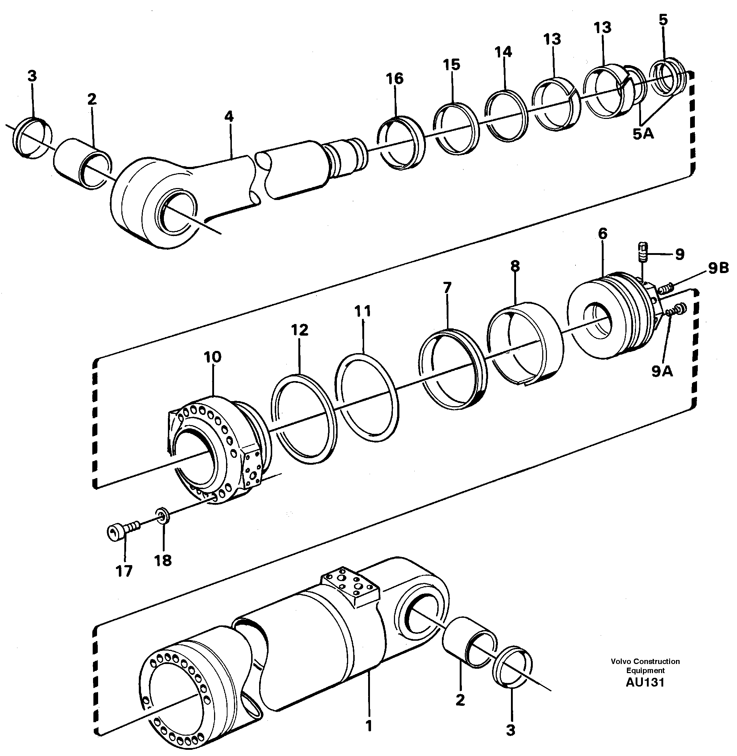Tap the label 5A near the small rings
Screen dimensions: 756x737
[643, 134]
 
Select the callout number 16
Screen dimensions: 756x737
[394, 79]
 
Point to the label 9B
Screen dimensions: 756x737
[718, 268]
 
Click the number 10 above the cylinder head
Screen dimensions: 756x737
[212, 357]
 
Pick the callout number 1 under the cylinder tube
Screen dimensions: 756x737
[369, 725]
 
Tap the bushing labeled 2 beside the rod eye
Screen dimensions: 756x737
[81, 164]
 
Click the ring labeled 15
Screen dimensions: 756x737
[456, 129]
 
